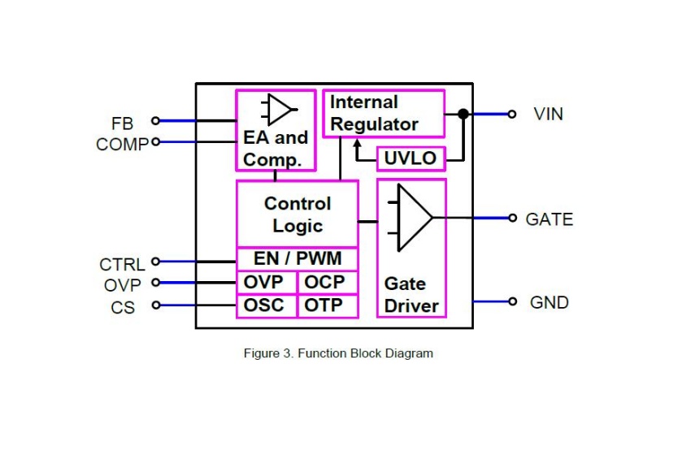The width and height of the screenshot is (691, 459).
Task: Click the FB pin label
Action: coord(122,123)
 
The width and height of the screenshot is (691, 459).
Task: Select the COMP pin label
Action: coord(122,145)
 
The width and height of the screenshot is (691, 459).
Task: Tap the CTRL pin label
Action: coord(122,265)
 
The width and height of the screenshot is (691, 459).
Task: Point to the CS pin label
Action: coord(123,309)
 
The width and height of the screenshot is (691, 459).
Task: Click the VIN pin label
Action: coord(549,114)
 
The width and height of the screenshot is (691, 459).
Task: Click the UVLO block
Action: coord(411,158)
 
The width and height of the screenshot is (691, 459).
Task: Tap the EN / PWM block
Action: coord(297,259)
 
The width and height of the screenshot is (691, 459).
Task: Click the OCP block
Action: coord(327,283)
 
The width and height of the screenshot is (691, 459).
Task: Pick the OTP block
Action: coord(327,306)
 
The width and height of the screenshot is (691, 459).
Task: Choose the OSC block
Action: coord(267,306)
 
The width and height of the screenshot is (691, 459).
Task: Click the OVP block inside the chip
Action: coord(267,283)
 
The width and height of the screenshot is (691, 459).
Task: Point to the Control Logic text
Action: coord(298,214)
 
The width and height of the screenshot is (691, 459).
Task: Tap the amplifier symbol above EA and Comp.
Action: coord(278,110)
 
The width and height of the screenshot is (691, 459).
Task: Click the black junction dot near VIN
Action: coord(463,114)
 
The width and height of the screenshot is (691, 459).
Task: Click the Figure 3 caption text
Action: coord(338,353)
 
